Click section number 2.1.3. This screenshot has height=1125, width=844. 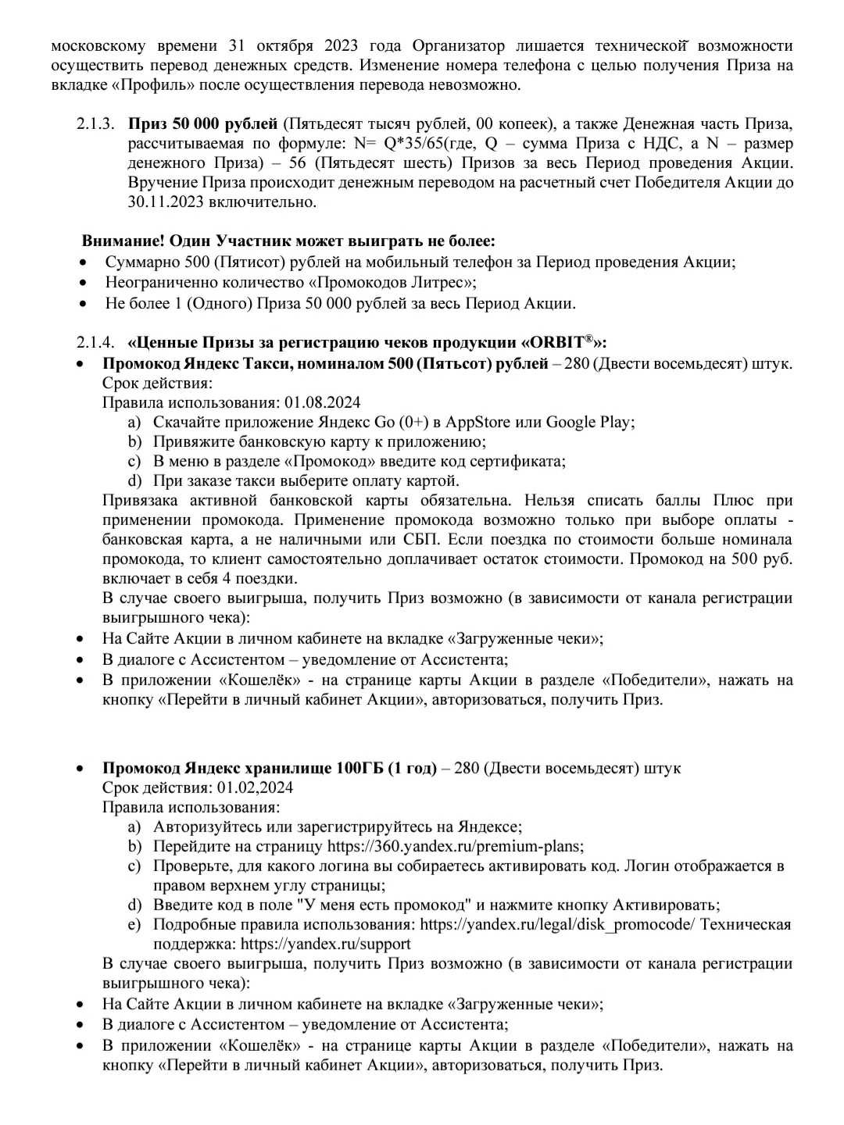point(95,123)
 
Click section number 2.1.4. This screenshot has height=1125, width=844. point(95,343)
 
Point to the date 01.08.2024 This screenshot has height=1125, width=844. point(323,402)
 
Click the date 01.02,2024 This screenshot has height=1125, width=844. point(256,787)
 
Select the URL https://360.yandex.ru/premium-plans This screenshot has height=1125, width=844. point(454,846)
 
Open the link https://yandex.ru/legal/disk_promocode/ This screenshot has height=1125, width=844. point(556,924)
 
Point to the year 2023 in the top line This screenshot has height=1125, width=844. point(342,45)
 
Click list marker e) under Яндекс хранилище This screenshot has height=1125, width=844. point(134,924)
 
